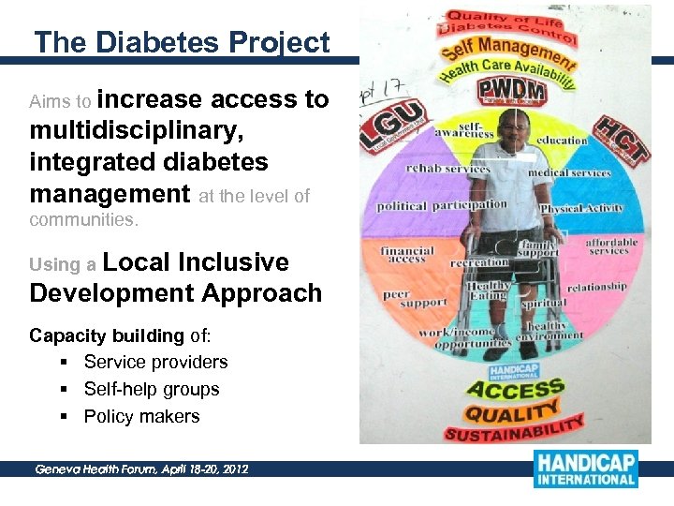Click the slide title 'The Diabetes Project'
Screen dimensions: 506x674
(x=182, y=42)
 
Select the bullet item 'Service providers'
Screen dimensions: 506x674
(x=155, y=362)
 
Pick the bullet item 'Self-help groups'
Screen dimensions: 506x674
(x=152, y=389)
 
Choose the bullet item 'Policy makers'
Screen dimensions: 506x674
(x=141, y=416)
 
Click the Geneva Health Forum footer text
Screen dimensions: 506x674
(x=141, y=469)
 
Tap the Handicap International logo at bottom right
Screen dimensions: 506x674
(x=586, y=469)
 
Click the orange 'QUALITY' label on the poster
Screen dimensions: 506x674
(x=513, y=411)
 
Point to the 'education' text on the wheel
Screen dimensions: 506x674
(x=562, y=141)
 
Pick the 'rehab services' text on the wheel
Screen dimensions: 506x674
(x=447, y=170)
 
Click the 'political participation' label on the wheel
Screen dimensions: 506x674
(x=442, y=205)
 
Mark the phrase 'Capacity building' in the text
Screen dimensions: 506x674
(x=106, y=335)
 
